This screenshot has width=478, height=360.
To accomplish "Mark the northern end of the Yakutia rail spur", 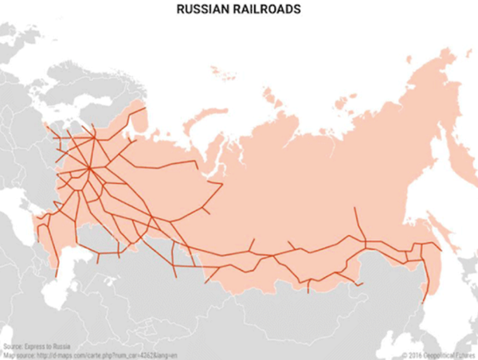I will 352,209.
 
